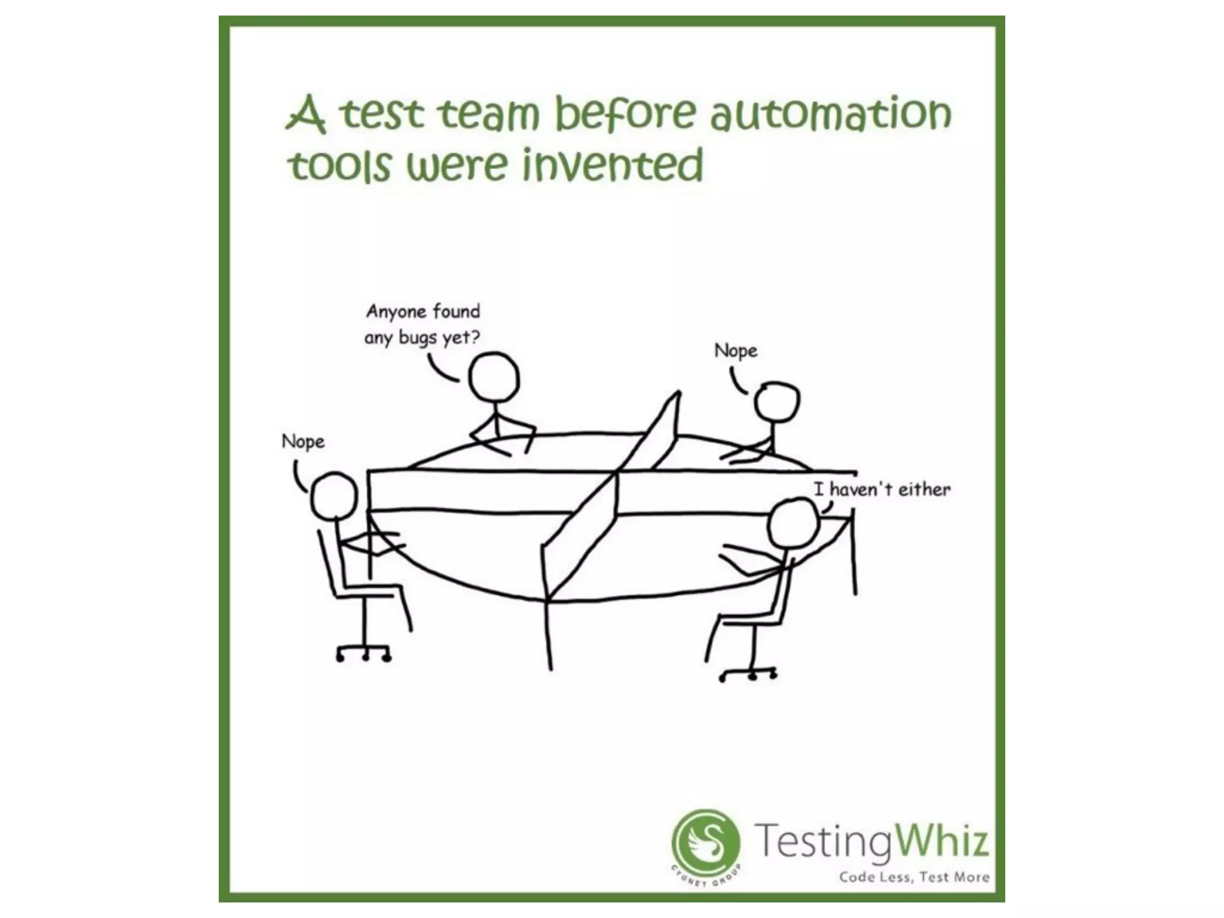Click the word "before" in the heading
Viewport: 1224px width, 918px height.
pyautogui.click(x=625, y=114)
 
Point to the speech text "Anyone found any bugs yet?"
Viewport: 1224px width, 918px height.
pyautogui.click(x=423, y=325)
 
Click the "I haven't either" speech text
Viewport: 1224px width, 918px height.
pyautogui.click(x=882, y=489)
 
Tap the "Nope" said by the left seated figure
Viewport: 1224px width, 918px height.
pyautogui.click(x=303, y=442)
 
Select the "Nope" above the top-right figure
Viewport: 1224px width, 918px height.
pyautogui.click(x=736, y=350)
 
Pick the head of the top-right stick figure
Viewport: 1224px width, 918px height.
pyautogui.click(x=776, y=402)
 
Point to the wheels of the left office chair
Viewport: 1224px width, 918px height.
pyautogui.click(x=363, y=656)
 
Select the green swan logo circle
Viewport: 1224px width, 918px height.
pyautogui.click(x=706, y=843)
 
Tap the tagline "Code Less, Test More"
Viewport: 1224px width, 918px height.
pyautogui.click(x=914, y=877)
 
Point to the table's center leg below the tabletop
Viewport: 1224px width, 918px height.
pyautogui.click(x=548, y=634)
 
